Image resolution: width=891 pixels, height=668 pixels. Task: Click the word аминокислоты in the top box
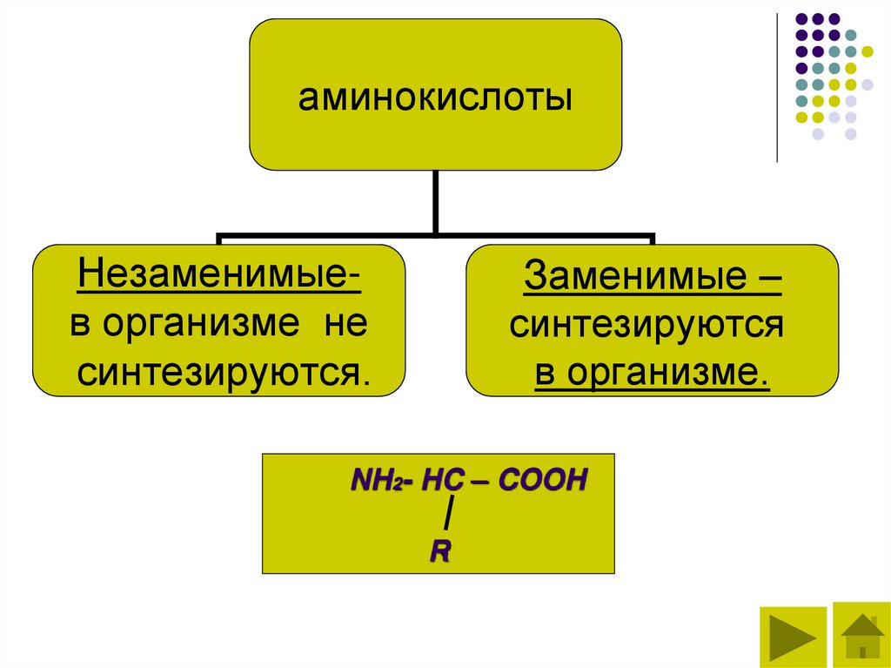(435, 98)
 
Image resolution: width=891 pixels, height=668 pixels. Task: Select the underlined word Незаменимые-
(220, 279)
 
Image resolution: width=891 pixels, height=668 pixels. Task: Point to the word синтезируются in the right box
(647, 327)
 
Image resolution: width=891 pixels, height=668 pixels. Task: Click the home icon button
(862, 637)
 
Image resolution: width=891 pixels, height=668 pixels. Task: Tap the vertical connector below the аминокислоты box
(435, 202)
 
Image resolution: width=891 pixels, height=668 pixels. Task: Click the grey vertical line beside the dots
(777, 87)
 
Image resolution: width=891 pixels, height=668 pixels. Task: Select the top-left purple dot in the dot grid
(800, 18)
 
